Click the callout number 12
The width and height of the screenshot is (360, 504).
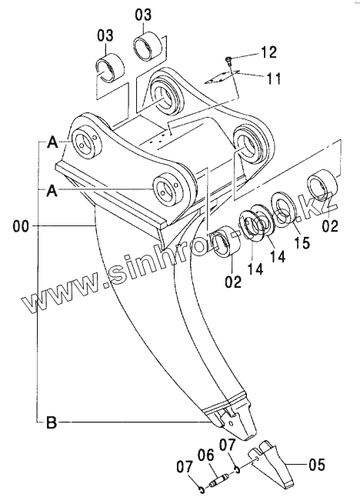click(268, 52)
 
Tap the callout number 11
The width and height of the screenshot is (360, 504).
click(272, 78)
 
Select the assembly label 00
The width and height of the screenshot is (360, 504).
click(21, 226)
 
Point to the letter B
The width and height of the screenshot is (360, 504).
click(52, 422)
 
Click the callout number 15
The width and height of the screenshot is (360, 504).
click(302, 242)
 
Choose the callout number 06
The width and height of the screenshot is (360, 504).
click(205, 456)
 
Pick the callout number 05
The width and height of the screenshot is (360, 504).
click(316, 464)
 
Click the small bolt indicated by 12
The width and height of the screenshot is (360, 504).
click(228, 59)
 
